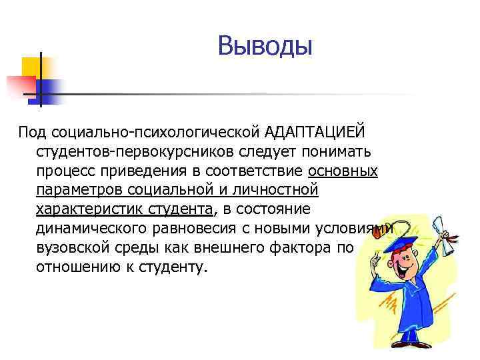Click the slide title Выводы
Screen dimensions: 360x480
coord(265,47)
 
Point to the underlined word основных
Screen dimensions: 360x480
coord(343,171)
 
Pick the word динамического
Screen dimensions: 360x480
coord(91,229)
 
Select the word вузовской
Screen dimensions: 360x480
coord(69,248)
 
